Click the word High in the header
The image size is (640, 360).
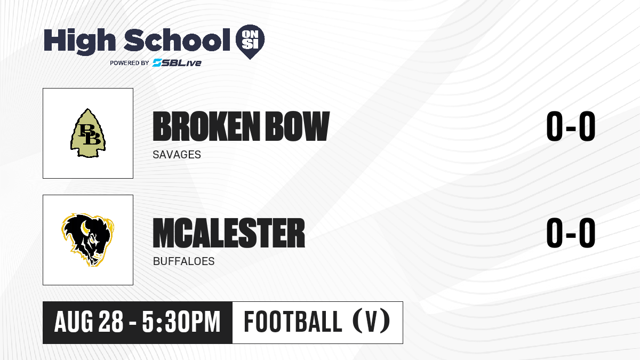[79, 41]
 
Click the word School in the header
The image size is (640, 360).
[177, 40]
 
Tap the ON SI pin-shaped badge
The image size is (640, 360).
[250, 42]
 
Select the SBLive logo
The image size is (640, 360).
[177, 63]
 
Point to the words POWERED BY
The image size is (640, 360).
[130, 63]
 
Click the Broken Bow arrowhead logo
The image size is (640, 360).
[88, 133]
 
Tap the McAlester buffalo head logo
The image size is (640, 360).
[87, 239]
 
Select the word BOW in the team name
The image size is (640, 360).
[298, 126]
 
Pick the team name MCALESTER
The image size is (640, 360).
[229, 233]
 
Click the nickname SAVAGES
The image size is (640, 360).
[177, 155]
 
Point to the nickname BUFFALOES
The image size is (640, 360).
[183, 261]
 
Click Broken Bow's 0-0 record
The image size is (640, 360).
[571, 126]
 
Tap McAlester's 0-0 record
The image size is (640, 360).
[571, 233]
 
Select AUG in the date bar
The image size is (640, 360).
[74, 322]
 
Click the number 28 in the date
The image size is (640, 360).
[111, 322]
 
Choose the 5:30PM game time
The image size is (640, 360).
[181, 322]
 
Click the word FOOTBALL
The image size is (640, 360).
[293, 322]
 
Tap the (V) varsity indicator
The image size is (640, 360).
[371, 321]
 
